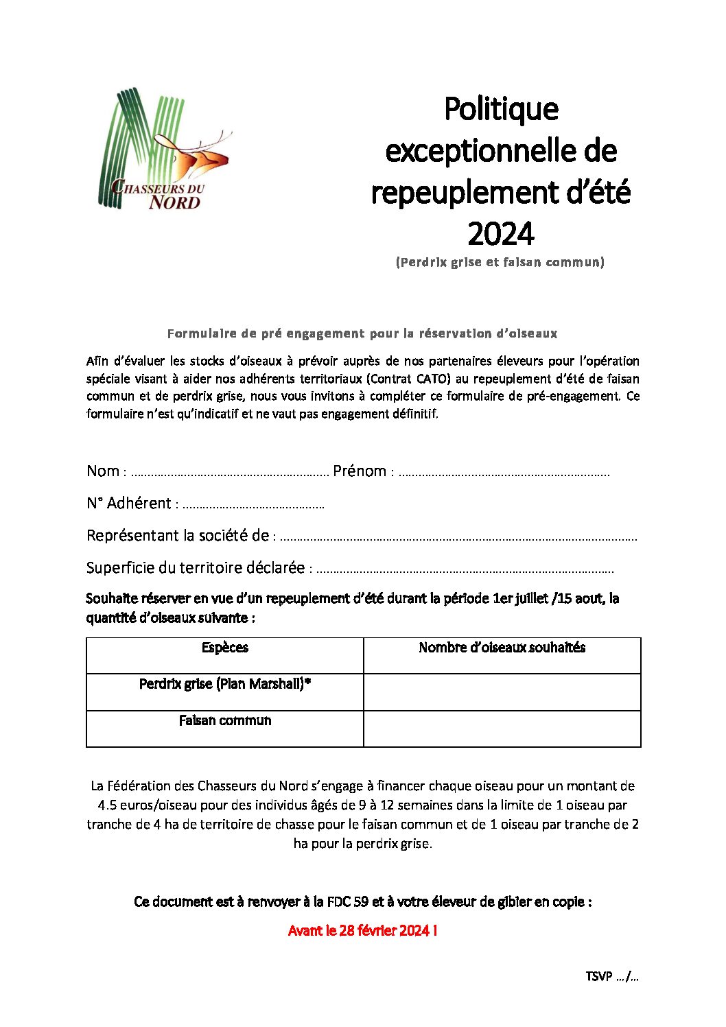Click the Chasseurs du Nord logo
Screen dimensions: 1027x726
[164, 150]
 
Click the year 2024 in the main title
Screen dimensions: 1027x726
[500, 234]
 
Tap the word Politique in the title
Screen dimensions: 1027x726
[501, 109]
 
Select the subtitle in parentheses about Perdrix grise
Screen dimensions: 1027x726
[500, 262]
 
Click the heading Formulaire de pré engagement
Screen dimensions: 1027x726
[362, 333]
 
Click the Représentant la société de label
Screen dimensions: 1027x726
[178, 536]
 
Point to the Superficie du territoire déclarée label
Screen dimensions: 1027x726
[196, 568]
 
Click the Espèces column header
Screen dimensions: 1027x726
[224, 648]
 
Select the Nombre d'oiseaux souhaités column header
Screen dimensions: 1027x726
[502, 648]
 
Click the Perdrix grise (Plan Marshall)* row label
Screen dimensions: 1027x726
[224, 684]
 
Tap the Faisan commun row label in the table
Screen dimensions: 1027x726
[224, 720]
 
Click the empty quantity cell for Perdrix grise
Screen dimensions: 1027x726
[502, 692]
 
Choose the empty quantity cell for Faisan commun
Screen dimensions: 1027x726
[502, 728]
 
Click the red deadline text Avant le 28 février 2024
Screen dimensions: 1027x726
[362, 931]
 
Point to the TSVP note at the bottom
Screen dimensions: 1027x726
[611, 976]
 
